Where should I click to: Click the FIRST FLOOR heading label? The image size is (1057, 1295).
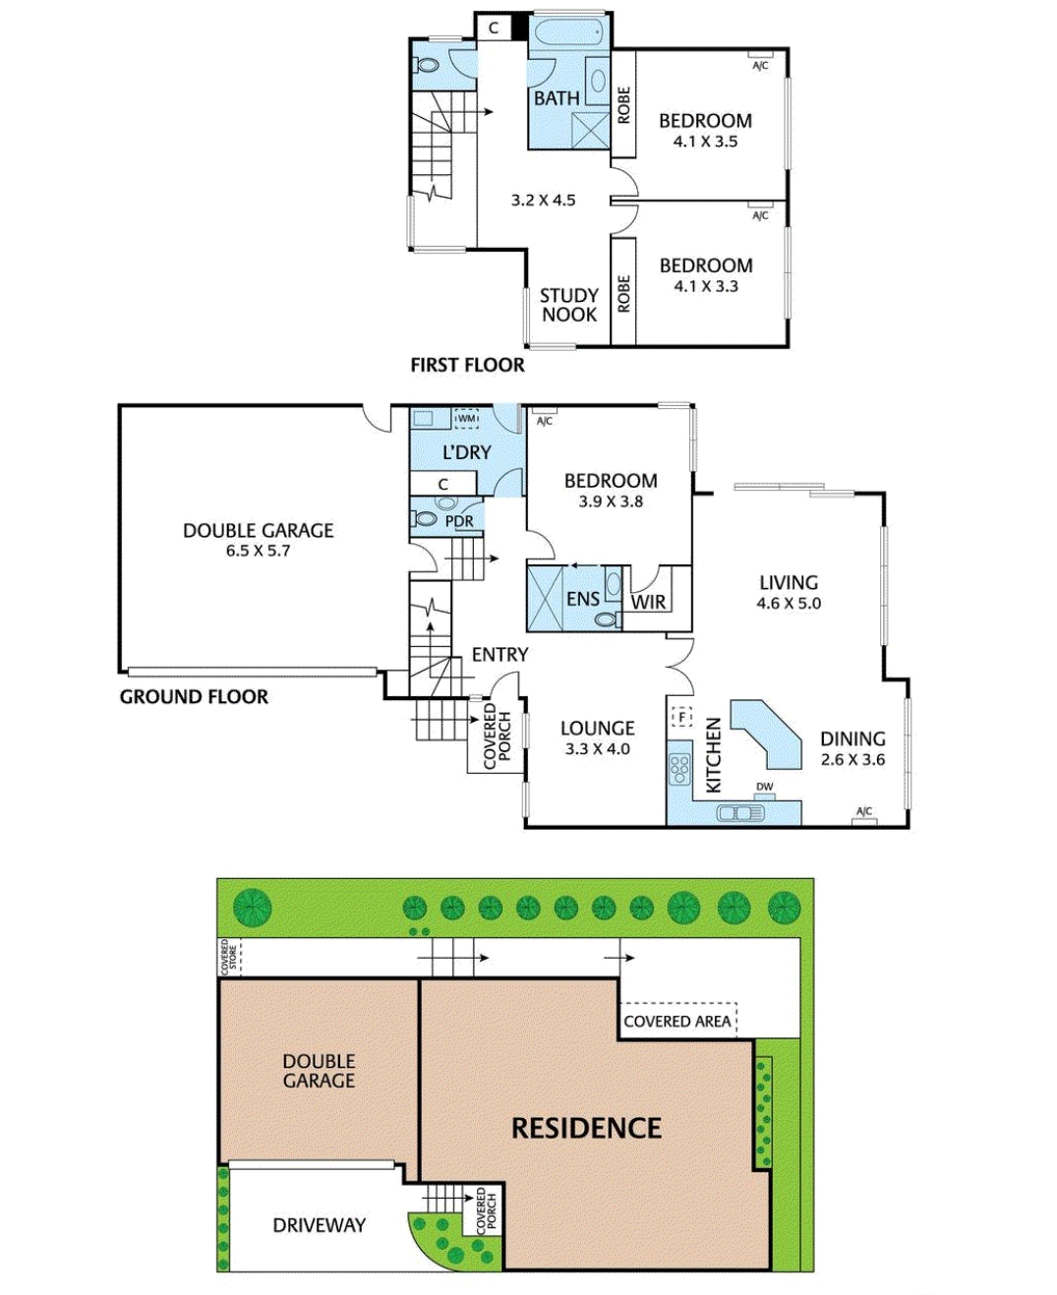pyautogui.click(x=467, y=365)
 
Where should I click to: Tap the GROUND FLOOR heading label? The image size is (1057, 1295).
pyautogui.click(x=194, y=697)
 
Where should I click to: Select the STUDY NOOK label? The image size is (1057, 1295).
pyautogui.click(x=569, y=305)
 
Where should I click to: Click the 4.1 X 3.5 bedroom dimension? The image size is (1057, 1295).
pyautogui.click(x=705, y=142)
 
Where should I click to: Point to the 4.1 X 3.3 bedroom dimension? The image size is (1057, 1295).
pyautogui.click(x=705, y=286)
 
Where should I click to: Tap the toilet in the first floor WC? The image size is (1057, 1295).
pyautogui.click(x=427, y=65)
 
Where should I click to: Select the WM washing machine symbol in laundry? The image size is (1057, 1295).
pyautogui.click(x=466, y=419)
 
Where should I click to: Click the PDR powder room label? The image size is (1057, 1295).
pyautogui.click(x=459, y=521)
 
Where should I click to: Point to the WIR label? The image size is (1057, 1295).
pyautogui.click(x=648, y=602)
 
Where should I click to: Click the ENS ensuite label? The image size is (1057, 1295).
pyautogui.click(x=582, y=599)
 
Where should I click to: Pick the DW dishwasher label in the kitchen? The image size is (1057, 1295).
pyautogui.click(x=764, y=787)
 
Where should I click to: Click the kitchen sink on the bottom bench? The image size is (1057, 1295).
pyautogui.click(x=740, y=813)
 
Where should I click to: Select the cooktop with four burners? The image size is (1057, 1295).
pyautogui.click(x=678, y=768)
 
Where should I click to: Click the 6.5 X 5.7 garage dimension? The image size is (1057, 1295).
pyautogui.click(x=258, y=551)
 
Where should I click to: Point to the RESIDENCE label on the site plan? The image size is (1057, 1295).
pyautogui.click(x=586, y=1128)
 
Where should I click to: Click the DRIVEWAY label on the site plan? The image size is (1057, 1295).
pyautogui.click(x=319, y=1225)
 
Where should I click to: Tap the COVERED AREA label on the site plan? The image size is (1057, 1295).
pyautogui.click(x=677, y=1022)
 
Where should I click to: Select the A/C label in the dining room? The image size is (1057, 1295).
pyautogui.click(x=863, y=811)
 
